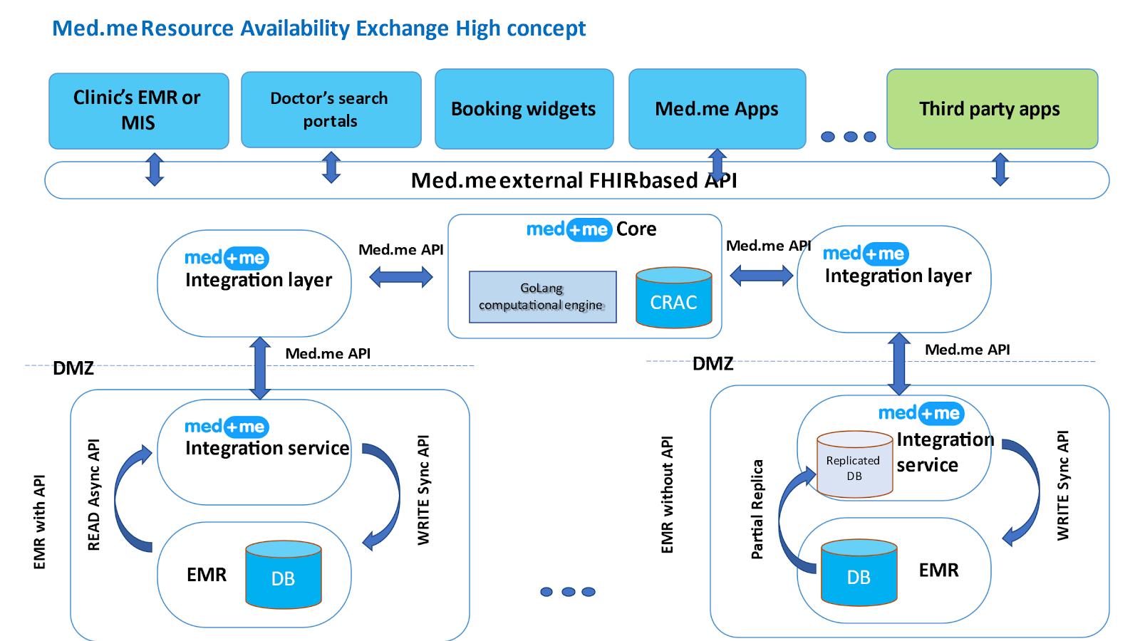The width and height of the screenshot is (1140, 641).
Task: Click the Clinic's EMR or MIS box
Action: [x=138, y=110]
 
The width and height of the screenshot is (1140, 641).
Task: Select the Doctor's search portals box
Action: [x=331, y=110]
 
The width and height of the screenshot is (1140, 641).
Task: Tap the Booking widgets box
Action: [x=524, y=109]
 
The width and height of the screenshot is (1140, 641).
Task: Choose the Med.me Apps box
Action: [x=717, y=109]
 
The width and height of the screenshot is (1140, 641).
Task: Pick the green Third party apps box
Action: [x=991, y=109]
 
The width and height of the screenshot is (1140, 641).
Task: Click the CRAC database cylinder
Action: [x=673, y=298]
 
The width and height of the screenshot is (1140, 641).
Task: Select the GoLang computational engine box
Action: [x=542, y=297]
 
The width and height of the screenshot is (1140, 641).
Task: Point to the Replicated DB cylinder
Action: [x=854, y=464]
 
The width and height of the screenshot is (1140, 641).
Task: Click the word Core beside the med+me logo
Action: [x=636, y=229]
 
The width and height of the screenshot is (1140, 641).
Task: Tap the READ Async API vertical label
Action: [x=93, y=495]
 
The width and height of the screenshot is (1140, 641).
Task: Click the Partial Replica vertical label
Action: [x=757, y=509]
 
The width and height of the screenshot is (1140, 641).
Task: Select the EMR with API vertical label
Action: [x=40, y=522]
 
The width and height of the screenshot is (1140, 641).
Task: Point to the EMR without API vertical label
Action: [x=667, y=495]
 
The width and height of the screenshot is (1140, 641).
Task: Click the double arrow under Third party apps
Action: [x=1000, y=170]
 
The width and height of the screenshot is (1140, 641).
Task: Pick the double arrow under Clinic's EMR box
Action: [x=155, y=170]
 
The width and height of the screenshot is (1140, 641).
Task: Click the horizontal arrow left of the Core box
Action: [x=401, y=277]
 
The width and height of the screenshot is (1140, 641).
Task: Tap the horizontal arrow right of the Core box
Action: [x=761, y=275]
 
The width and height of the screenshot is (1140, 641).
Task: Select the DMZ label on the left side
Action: [x=73, y=368]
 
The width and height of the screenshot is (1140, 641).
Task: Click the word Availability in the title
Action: [x=295, y=28]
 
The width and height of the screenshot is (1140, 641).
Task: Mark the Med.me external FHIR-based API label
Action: [x=574, y=181]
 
